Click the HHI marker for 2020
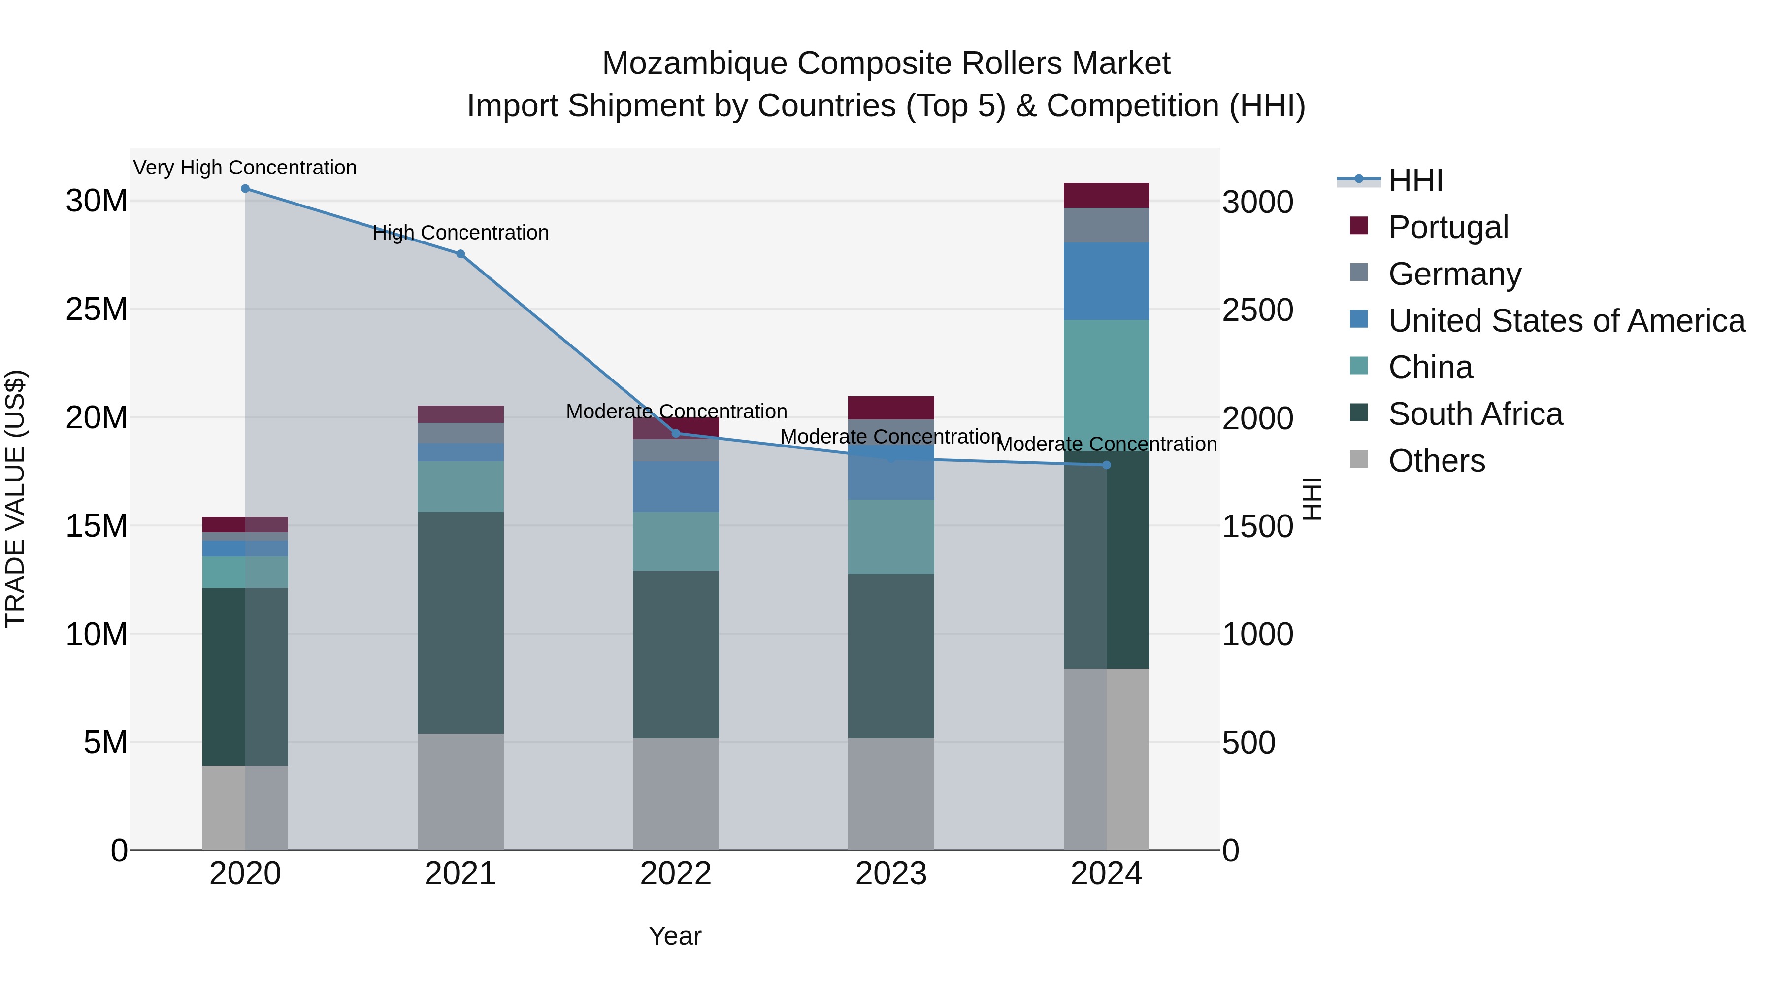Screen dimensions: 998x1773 [x=245, y=189]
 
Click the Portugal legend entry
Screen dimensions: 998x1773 [x=1447, y=227]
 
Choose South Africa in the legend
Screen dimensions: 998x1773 [x=1475, y=414]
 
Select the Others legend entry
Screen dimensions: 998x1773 [x=1437, y=461]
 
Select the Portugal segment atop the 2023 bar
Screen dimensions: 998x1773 [x=890, y=408]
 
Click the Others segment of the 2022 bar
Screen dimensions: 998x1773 [x=675, y=793]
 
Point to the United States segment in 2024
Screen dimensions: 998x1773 [x=1107, y=281]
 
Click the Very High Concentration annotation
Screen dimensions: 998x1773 [x=245, y=168]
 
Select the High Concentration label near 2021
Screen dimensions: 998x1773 [x=460, y=233]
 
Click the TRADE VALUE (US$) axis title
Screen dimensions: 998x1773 [x=15, y=499]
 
